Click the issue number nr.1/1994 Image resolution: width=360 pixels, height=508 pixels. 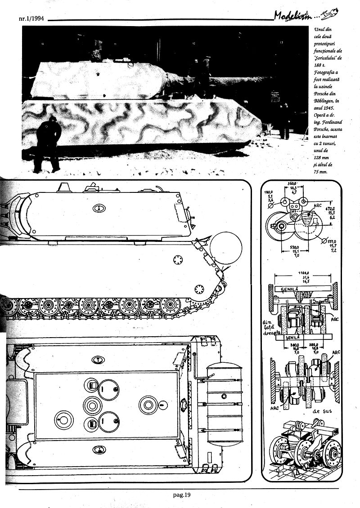(x=31, y=19)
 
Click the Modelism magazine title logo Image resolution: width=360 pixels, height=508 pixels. (x=293, y=16)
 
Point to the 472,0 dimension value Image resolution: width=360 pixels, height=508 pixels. (x=331, y=209)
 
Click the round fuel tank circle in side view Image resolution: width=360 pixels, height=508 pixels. (x=226, y=248)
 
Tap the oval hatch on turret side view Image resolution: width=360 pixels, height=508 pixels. (x=99, y=208)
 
